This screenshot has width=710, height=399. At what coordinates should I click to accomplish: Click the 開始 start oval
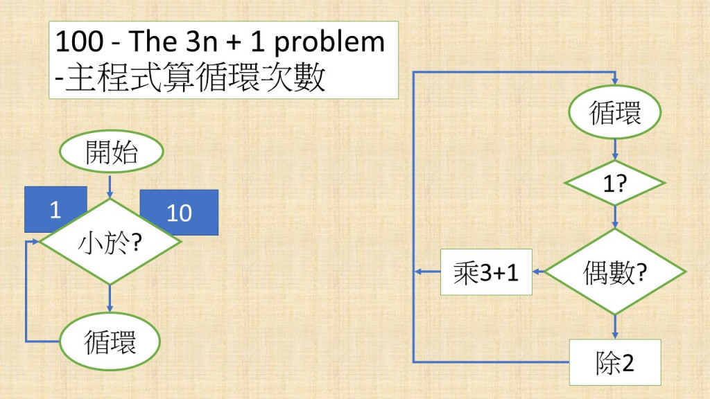(x=112, y=152)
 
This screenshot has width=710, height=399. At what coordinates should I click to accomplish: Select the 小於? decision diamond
(x=110, y=242)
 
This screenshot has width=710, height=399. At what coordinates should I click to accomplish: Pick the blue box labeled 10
(x=179, y=212)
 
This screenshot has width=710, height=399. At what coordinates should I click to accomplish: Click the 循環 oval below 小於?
(x=110, y=342)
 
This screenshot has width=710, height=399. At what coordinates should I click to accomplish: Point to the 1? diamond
(x=615, y=184)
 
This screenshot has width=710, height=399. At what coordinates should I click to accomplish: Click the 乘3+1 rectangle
(x=487, y=272)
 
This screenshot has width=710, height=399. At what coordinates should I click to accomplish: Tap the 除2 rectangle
(x=615, y=362)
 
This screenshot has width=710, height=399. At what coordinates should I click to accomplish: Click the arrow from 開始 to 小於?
(x=110, y=184)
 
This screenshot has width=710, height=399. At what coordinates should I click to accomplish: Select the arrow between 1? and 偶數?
(x=615, y=217)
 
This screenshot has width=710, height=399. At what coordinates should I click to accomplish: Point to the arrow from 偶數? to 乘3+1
(x=538, y=272)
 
